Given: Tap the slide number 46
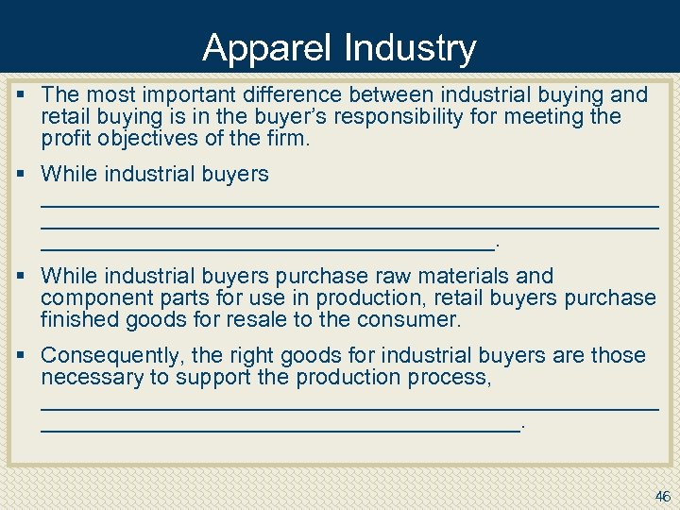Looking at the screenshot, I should (662, 496).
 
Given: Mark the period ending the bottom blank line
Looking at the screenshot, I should (523, 428).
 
